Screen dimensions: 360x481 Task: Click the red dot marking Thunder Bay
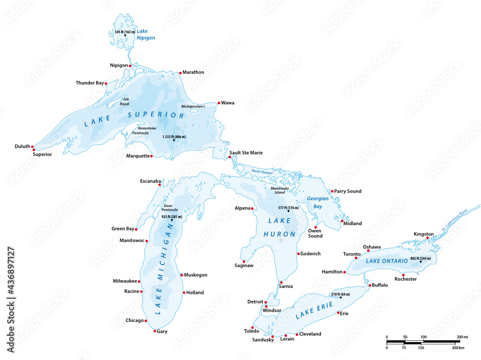click(x=106, y=84)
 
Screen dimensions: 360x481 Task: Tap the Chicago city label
click(x=135, y=321)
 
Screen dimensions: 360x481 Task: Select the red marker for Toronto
click(x=356, y=258)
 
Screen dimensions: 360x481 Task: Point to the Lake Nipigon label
click(x=145, y=34)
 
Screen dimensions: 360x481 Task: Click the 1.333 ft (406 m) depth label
click(x=174, y=137)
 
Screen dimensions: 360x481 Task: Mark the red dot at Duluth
click(x=33, y=146)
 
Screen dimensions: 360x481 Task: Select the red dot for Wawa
click(x=219, y=103)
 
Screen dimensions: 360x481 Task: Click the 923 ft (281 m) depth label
click(x=172, y=217)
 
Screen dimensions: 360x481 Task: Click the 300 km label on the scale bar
click(x=458, y=347)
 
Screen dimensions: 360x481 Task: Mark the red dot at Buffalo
click(x=369, y=286)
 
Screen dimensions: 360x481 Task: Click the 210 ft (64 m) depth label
click(x=341, y=294)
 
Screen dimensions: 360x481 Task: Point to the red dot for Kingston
click(x=427, y=238)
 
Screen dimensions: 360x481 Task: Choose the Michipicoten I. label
click(x=193, y=106)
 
